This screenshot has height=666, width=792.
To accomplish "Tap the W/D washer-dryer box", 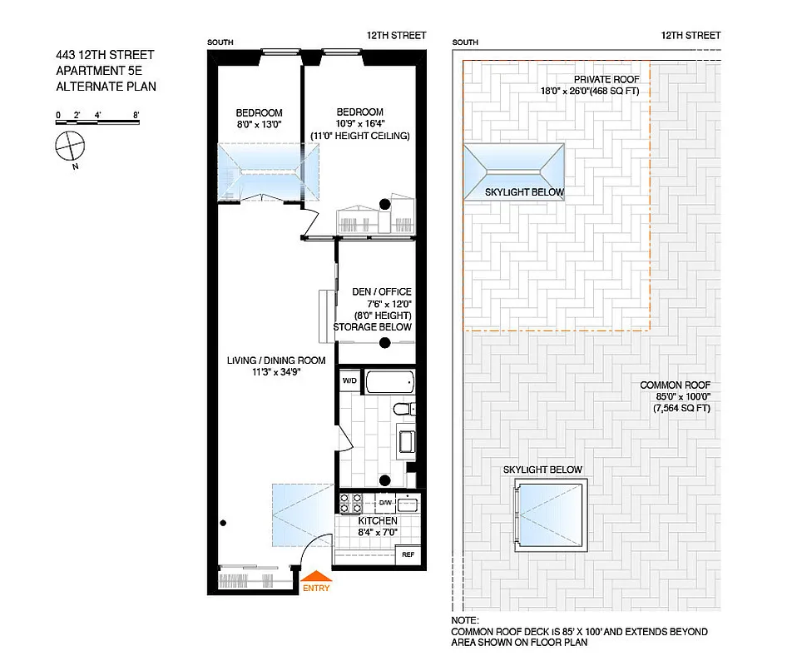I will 349,381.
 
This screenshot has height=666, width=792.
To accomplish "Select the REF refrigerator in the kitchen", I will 408,554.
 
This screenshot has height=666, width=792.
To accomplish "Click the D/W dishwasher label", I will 385,503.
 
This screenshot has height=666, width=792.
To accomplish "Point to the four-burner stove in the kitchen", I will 350,504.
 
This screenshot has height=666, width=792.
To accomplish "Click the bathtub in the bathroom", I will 389,383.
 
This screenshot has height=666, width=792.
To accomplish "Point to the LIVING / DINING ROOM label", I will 264,366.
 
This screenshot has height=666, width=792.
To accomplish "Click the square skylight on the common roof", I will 551,514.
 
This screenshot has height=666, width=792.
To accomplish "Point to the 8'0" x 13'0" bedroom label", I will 259,119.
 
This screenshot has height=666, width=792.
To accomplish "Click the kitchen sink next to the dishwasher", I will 408,504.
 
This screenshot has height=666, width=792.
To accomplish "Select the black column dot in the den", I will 384,342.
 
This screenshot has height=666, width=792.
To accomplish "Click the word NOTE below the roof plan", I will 465,621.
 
